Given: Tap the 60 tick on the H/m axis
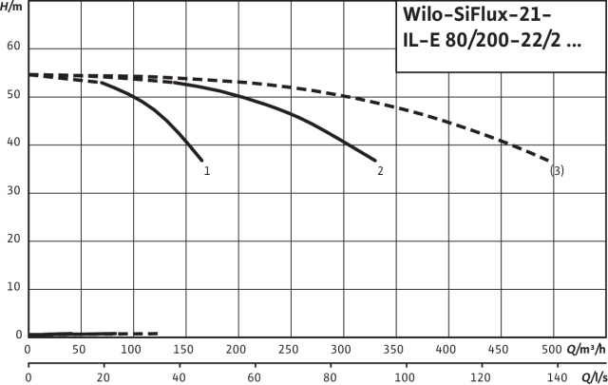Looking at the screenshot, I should click(x=13, y=48).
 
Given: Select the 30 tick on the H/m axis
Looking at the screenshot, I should click(x=13, y=192).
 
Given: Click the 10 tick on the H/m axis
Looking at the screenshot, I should click(x=13, y=288).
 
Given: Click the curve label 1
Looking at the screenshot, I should click(x=206, y=171).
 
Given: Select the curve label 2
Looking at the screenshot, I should click(x=380, y=171).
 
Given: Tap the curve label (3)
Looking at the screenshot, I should click(x=557, y=171).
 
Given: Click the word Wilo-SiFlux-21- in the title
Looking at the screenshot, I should click(x=472, y=20).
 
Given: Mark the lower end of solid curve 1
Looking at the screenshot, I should click(x=201, y=160).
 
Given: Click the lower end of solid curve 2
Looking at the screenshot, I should click(x=375, y=160).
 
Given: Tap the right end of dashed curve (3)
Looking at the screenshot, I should click(x=549, y=160).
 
